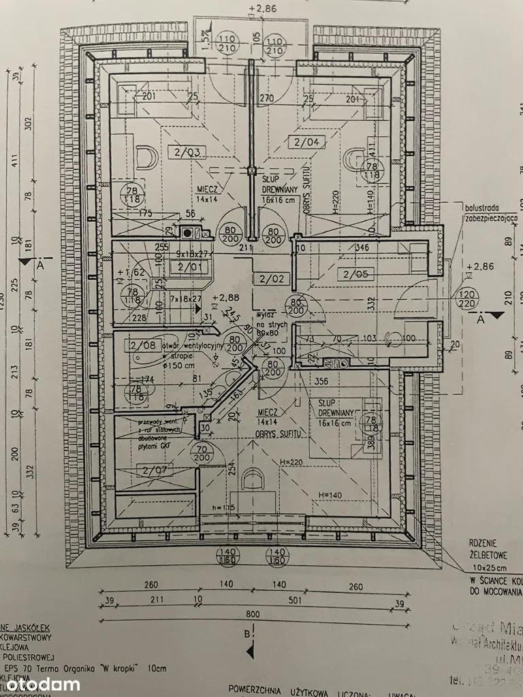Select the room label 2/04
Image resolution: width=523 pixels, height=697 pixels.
click(x=306, y=142)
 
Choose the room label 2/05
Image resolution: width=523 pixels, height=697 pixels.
click(x=355, y=274)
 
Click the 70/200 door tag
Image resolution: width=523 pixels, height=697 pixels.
click(x=202, y=453)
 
